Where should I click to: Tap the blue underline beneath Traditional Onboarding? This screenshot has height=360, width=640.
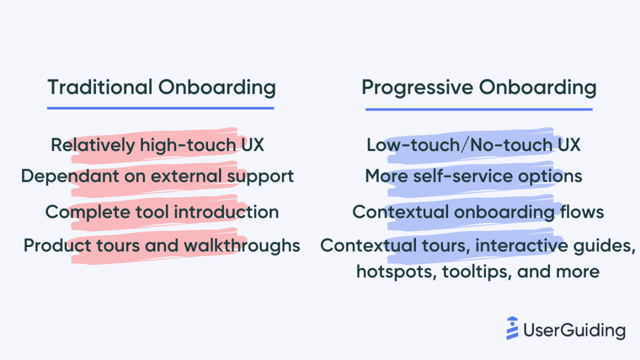click(x=161, y=108)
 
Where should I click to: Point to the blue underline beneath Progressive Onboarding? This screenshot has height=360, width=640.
click(x=478, y=109)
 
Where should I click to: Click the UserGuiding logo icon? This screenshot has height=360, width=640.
click(x=513, y=329)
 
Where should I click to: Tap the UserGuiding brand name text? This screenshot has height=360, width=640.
click(x=574, y=330)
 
